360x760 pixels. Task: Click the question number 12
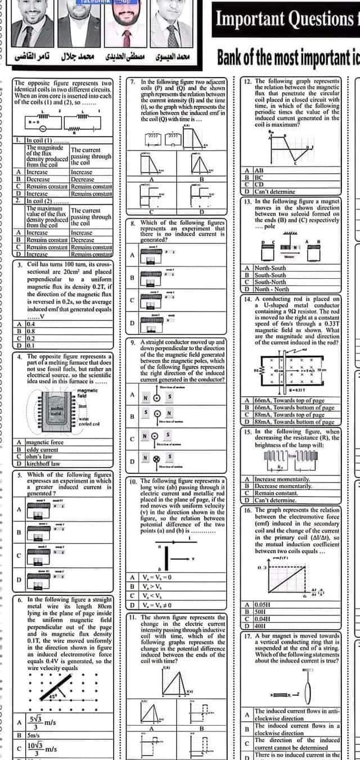(x=248, y=81)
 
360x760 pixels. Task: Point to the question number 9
(x=133, y=342)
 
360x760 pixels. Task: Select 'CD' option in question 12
(x=259, y=183)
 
